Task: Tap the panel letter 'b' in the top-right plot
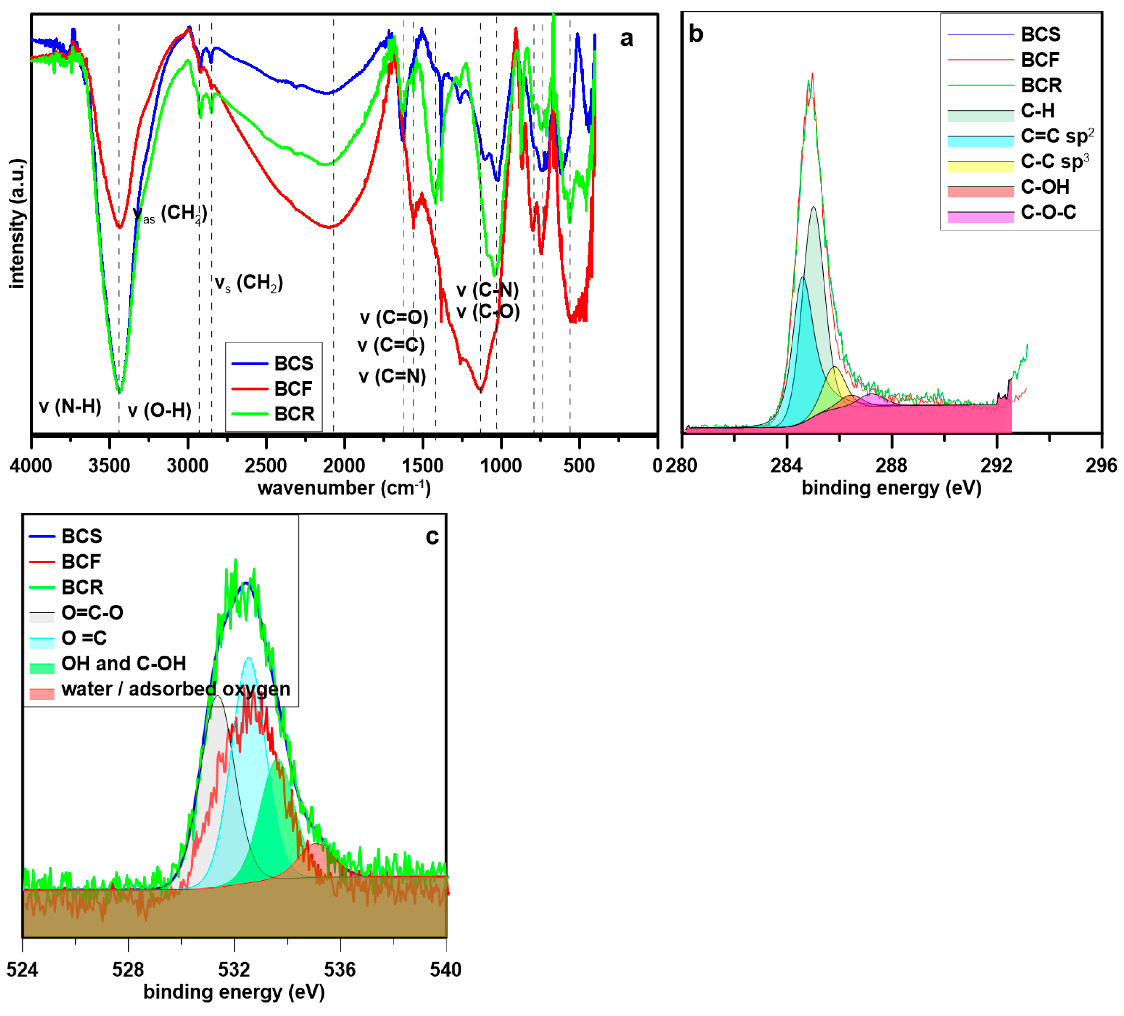coord(696,34)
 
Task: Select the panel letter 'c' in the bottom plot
coord(432,536)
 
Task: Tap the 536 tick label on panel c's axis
coord(340,970)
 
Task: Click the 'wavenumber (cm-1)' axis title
coord(344,488)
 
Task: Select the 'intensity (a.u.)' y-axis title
coord(17,223)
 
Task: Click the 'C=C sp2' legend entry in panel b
coord(1056,136)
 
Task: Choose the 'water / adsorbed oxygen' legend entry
coord(175,689)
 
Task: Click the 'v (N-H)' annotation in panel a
coord(70,407)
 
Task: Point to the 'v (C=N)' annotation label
coord(392,376)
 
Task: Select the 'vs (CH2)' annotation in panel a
coord(249,283)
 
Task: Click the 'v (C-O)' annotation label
coord(488,311)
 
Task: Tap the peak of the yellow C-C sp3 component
coord(835,368)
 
